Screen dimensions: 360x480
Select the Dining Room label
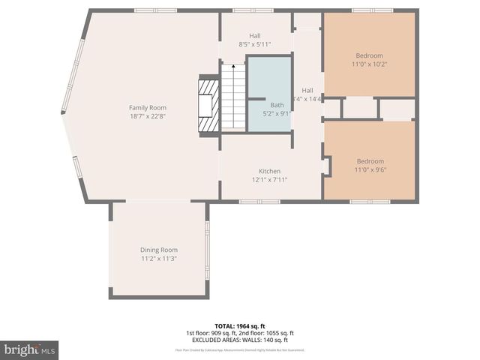pos(159,250)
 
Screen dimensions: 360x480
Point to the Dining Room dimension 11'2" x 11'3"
pos(159,258)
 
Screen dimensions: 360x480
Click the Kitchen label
pos(269,171)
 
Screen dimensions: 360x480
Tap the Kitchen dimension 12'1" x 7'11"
pos(269,179)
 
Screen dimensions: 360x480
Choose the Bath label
pos(277,106)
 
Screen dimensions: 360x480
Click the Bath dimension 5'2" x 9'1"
pos(277,114)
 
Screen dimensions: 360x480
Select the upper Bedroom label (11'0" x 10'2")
pos(369,55)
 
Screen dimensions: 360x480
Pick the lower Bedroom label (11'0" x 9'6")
pos(370,161)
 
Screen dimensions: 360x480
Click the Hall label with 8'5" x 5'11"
pos(255,35)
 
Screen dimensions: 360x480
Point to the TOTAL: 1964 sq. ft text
pos(239,326)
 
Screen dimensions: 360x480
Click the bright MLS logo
pos(29,350)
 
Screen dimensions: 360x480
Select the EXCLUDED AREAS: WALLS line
pos(239,340)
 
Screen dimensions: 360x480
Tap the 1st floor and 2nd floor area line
pos(239,333)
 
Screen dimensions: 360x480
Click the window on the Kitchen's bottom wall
pos(259,201)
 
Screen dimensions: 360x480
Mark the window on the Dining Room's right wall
pos(208,249)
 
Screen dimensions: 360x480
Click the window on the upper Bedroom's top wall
pos(372,10)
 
